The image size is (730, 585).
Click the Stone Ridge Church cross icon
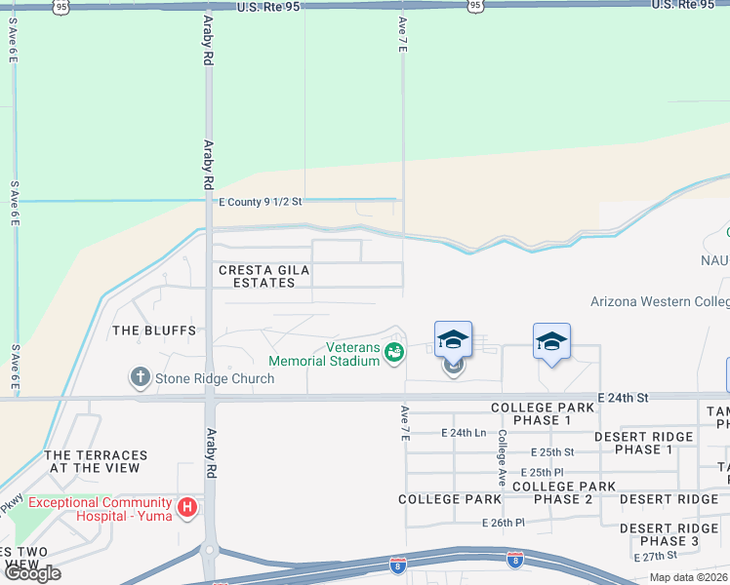coord(140,376)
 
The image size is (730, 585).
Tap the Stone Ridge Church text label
coord(213,377)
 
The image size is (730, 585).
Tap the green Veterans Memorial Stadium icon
coord(394,353)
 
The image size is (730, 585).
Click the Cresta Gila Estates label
coord(257,276)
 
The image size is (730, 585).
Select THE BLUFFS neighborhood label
coord(154,331)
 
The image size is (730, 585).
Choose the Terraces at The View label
coord(96,461)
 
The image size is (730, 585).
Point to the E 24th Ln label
coord(464,432)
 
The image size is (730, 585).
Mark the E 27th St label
coord(656,556)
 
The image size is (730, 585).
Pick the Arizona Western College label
coord(660,302)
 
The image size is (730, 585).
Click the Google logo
coord(32,573)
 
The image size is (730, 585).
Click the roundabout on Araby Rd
coord(209,551)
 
